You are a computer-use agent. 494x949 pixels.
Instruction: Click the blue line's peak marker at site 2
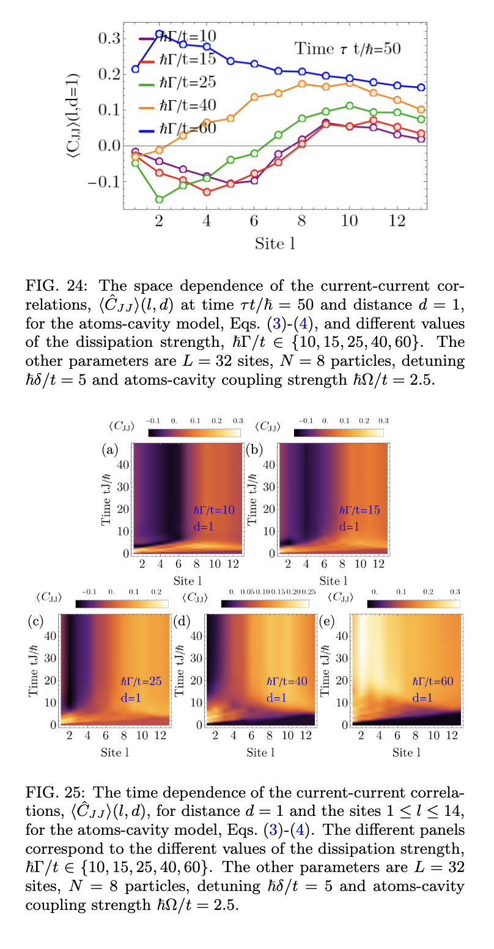point(159,34)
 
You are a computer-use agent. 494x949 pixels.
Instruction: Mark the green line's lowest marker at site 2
point(159,199)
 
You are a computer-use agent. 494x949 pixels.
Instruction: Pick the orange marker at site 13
point(421,109)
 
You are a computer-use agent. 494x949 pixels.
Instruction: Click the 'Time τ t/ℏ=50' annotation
point(347,48)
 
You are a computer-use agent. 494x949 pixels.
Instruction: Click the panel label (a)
point(110,450)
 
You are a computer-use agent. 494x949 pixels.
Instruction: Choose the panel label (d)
point(182,622)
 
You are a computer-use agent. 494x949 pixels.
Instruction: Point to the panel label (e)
point(327,622)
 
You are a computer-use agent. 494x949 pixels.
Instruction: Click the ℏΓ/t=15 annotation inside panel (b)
point(359,510)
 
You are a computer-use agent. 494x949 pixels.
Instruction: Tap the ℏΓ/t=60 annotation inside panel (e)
point(432,682)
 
